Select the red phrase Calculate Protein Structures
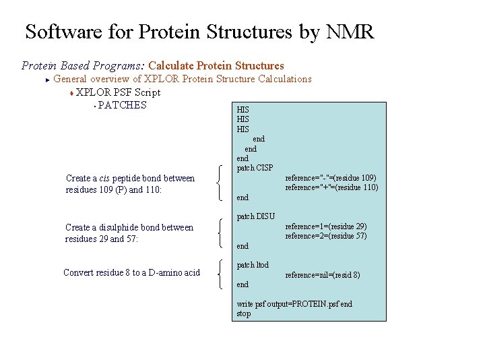point(216,65)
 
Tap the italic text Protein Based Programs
point(83,65)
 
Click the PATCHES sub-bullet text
point(122,104)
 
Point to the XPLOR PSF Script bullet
point(118,92)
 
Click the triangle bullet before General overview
point(47,80)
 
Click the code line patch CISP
point(255,168)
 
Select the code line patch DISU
point(256,216)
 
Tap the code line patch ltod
point(253,265)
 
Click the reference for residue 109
point(331,178)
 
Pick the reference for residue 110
point(331,187)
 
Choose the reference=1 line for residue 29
point(326,226)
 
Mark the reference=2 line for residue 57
point(326,236)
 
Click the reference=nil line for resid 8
point(323,275)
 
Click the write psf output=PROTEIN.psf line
point(294,304)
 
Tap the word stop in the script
point(243,313)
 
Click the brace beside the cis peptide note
point(223,183)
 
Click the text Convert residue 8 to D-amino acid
point(131,273)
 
